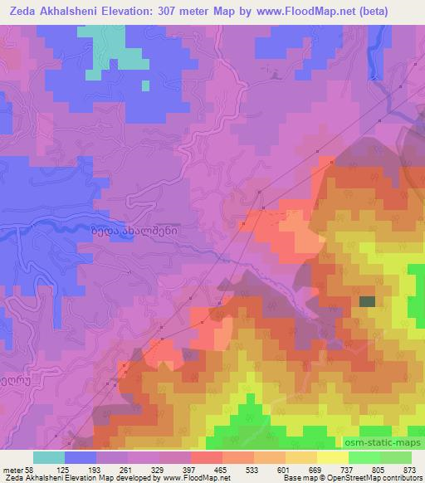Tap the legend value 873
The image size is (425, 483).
[x=410, y=470]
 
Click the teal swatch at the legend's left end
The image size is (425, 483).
[x=48, y=457]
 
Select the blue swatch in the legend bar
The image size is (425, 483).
[x=81, y=457]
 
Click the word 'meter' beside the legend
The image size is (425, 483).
[x=12, y=470]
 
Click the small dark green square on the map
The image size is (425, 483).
[x=366, y=302]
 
